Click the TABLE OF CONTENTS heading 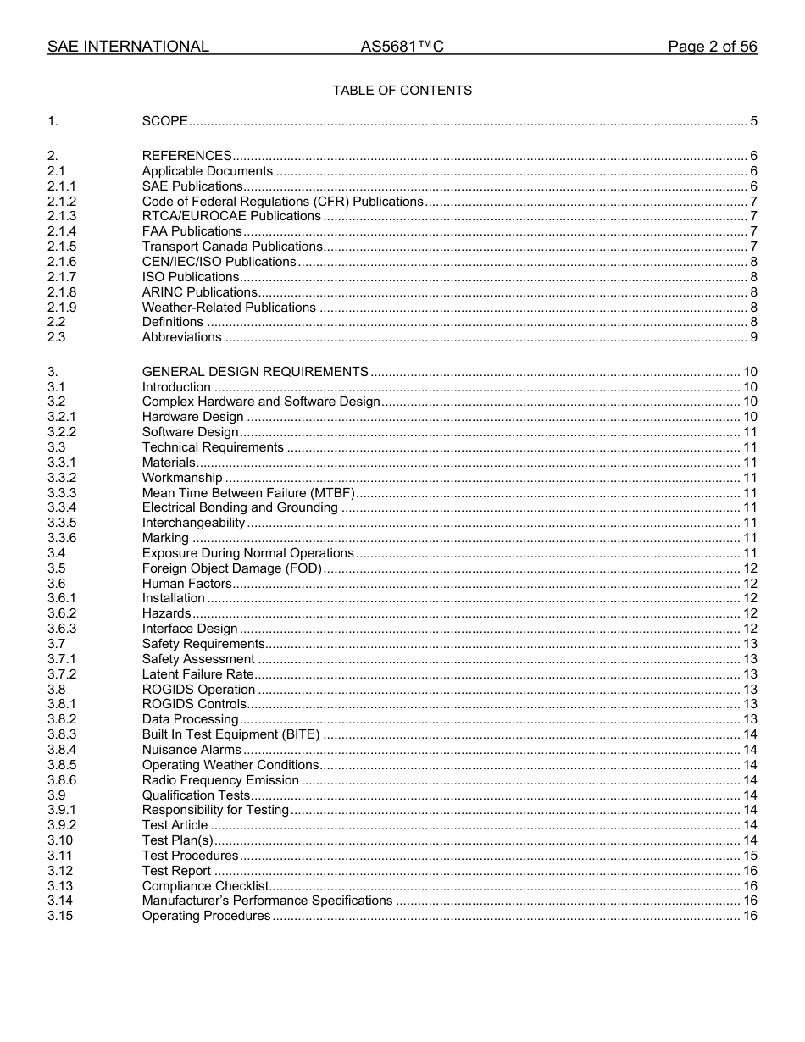pyautogui.click(x=402, y=91)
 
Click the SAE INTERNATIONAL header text pyautogui.click(x=128, y=47)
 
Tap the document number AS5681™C pyautogui.click(x=402, y=47)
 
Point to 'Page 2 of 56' pyautogui.click(x=712, y=47)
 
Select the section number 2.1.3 pyautogui.click(x=62, y=216)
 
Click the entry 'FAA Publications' pyautogui.click(x=192, y=231)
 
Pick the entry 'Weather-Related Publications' pyautogui.click(x=229, y=308)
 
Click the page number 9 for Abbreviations pyautogui.click(x=753, y=337)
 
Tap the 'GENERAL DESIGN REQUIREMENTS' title pyautogui.click(x=255, y=372)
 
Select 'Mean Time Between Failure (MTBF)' pyautogui.click(x=248, y=493)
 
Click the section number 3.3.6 pyautogui.click(x=62, y=538)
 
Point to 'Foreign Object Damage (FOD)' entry pyautogui.click(x=231, y=568)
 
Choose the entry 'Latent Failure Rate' pyautogui.click(x=197, y=674)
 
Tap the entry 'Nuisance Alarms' pyautogui.click(x=192, y=750)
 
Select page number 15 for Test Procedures pyautogui.click(x=750, y=856)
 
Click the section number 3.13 pyautogui.click(x=60, y=886)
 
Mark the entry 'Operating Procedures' pyautogui.click(x=206, y=916)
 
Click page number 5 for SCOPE pyautogui.click(x=753, y=121)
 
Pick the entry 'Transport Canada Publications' pyautogui.click(x=232, y=247)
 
